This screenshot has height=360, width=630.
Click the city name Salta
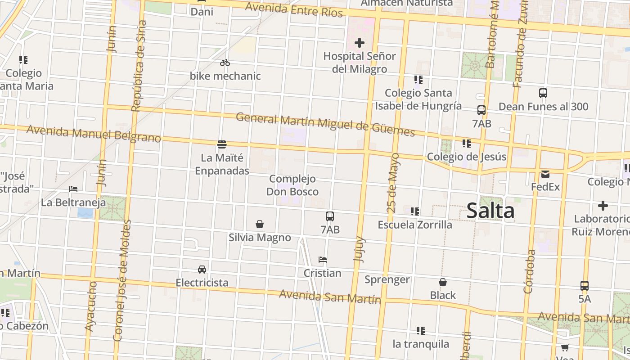coord(490,211)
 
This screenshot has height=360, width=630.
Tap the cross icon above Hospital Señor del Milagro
coord(359,43)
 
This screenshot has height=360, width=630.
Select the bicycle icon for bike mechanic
coord(225,63)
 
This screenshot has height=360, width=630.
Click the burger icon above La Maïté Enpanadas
coord(221,144)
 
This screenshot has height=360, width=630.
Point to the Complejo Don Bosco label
coord(292,185)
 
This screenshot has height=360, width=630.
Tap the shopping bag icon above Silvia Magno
coord(259,224)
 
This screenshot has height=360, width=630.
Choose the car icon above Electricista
coord(202,270)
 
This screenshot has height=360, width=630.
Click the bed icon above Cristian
coord(322,260)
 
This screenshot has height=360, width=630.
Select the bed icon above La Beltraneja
coord(73,189)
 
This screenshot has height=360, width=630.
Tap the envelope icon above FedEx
coord(545,174)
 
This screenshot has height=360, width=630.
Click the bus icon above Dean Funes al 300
coord(543,93)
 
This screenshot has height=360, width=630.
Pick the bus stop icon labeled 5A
coord(584,285)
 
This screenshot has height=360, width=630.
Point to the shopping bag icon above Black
coord(443,282)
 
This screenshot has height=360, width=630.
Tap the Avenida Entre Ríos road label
coord(294,9)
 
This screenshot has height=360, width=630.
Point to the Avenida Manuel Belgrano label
coord(94,134)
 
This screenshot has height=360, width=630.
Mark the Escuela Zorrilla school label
coord(415,225)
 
